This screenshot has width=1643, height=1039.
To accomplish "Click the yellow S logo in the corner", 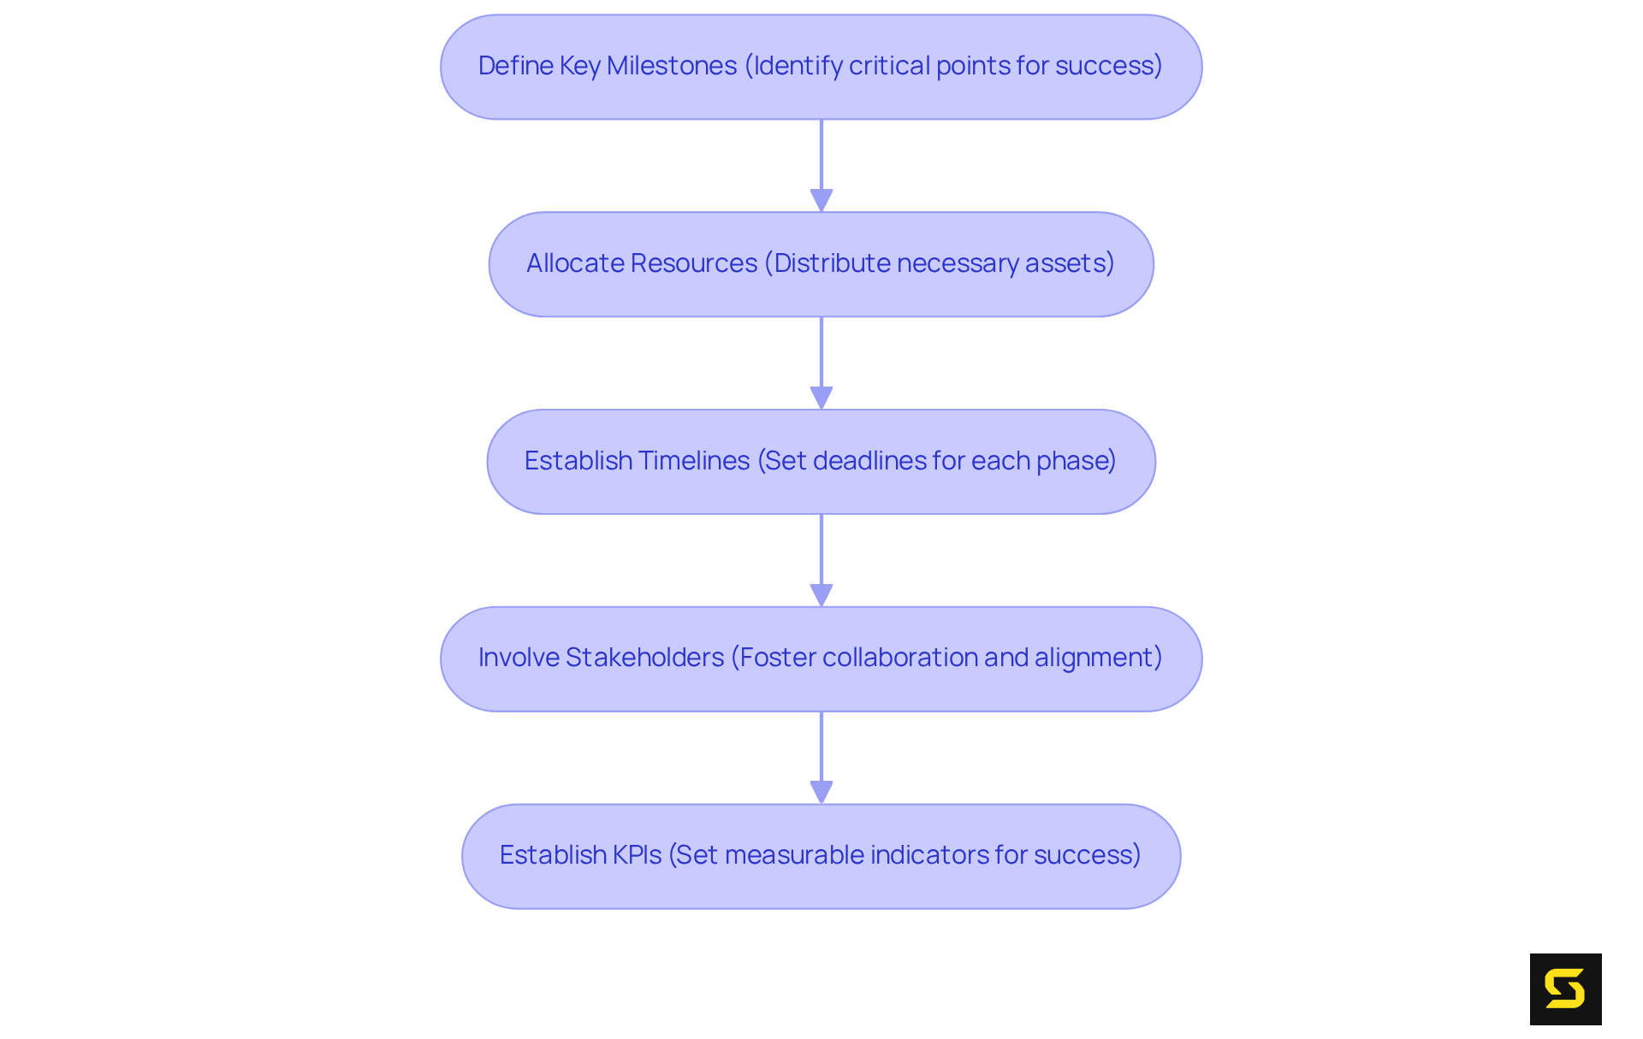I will (1565, 989).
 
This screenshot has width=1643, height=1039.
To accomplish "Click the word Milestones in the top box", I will (672, 66).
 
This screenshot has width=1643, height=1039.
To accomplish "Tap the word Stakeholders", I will (644, 658).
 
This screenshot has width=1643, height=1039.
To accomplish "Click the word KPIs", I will (638, 855).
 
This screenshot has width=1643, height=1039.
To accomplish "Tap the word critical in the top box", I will (889, 66).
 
